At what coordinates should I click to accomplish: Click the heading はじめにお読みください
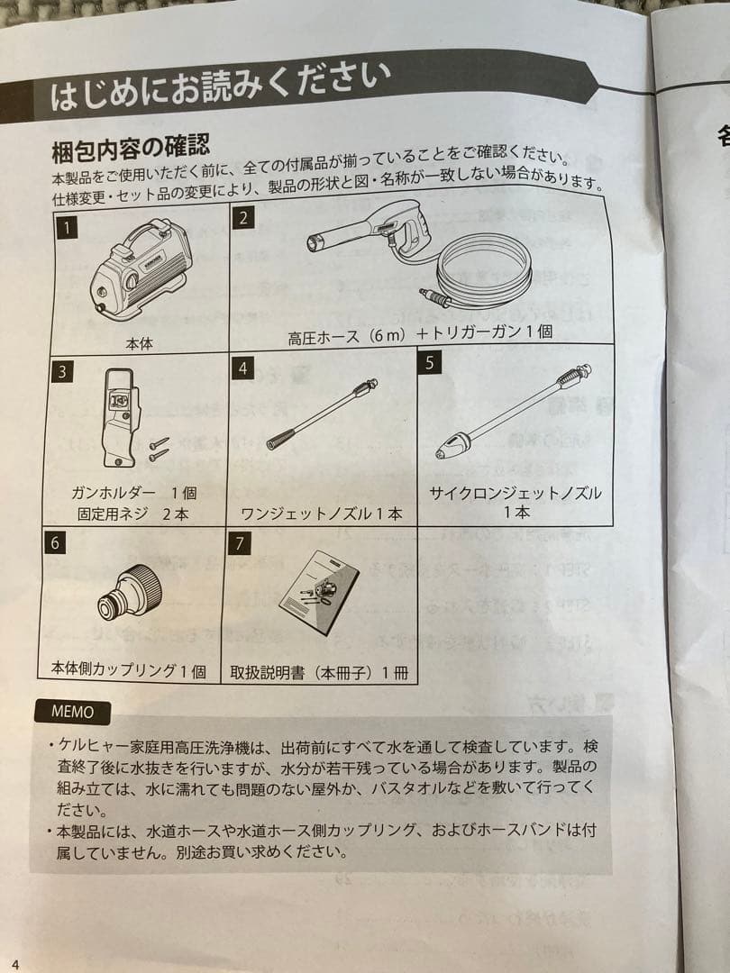click(x=220, y=88)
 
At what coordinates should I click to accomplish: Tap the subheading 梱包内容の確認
click(x=131, y=144)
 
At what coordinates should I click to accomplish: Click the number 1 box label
click(x=66, y=227)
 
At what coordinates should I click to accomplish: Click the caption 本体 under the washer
click(x=140, y=343)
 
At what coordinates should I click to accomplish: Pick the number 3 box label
click(x=62, y=370)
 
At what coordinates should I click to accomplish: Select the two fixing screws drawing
click(x=159, y=448)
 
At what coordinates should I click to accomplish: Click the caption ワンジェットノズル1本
click(x=321, y=514)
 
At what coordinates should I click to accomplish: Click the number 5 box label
click(x=431, y=362)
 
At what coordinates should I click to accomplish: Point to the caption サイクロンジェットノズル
click(x=516, y=494)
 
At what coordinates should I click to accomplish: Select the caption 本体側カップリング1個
click(x=128, y=670)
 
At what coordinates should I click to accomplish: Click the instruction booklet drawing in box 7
click(x=317, y=592)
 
